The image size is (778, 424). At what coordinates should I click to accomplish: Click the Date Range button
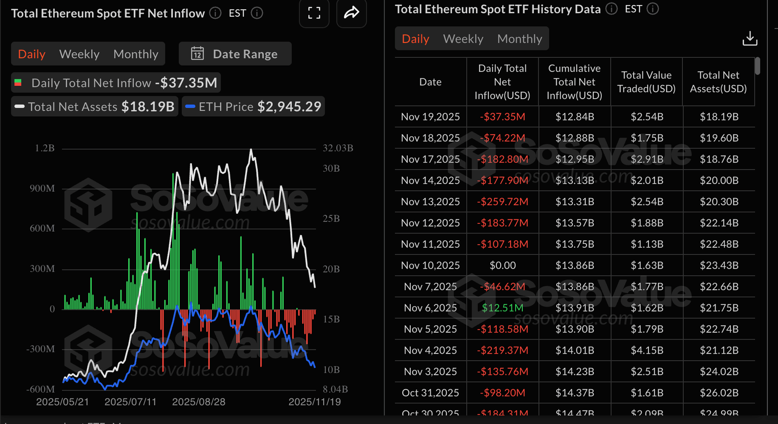(235, 54)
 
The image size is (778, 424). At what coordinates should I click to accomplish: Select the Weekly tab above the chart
(79, 54)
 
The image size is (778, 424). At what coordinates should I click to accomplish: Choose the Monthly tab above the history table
(519, 39)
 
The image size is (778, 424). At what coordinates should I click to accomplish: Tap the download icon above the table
(750, 38)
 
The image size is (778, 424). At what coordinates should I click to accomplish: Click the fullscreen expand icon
(314, 13)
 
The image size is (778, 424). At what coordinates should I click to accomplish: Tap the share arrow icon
(352, 13)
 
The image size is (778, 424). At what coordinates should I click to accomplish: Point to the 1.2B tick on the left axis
(45, 148)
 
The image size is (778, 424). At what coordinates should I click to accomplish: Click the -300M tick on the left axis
(42, 349)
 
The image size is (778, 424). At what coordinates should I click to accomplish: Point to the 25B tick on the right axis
(331, 219)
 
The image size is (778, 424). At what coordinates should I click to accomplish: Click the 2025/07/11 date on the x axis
(130, 402)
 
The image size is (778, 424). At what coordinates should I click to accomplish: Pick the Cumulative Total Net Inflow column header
(574, 82)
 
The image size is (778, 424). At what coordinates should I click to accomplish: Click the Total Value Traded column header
(646, 82)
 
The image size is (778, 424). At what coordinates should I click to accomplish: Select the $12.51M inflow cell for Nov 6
(502, 308)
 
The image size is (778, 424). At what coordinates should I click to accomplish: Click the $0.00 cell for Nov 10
(502, 265)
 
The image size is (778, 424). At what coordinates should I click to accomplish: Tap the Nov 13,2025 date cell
(431, 202)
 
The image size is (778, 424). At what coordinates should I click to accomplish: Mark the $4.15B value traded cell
(647, 351)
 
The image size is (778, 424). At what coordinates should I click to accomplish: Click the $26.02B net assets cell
(719, 393)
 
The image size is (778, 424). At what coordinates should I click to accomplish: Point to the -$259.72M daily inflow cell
(502, 202)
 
